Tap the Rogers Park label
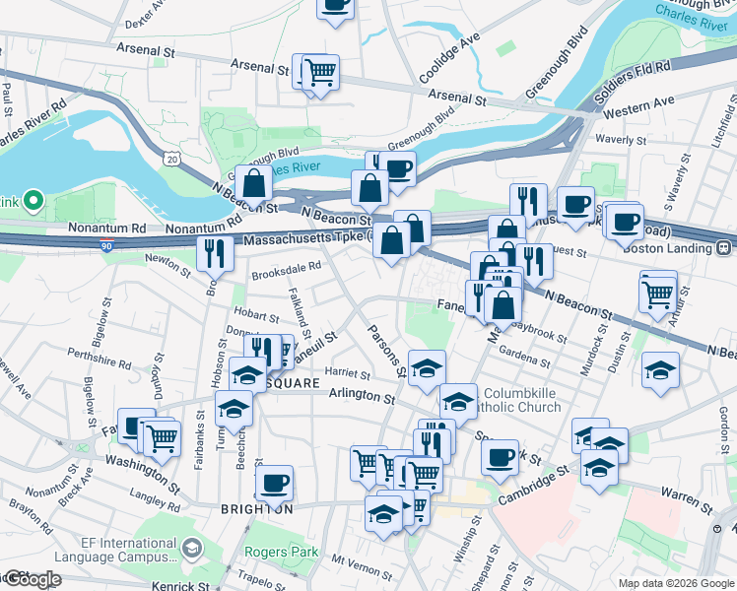[281, 552]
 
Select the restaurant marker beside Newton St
[214, 253]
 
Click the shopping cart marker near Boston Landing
[658, 290]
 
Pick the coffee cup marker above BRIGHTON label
[274, 483]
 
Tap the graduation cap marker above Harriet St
[426, 367]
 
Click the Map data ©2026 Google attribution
[676, 582]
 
